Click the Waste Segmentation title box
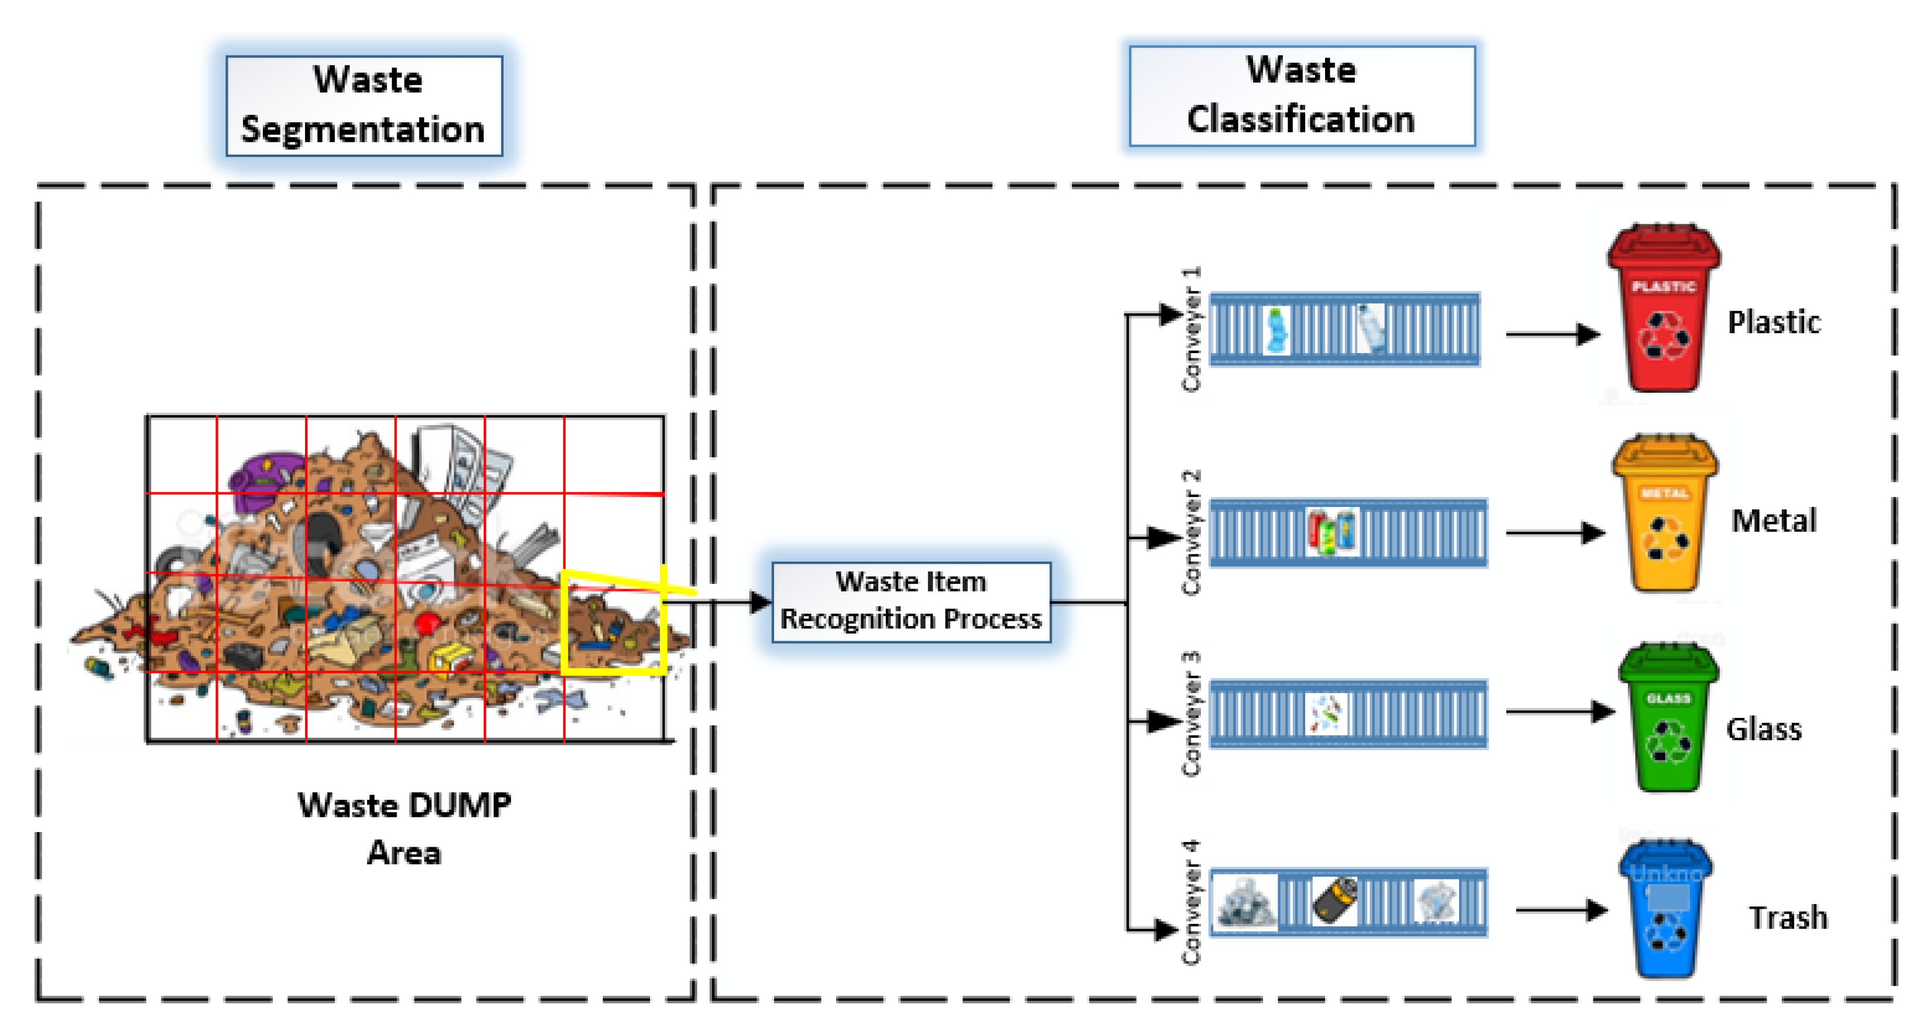(x=364, y=105)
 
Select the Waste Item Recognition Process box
(x=911, y=601)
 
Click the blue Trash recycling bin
(x=1665, y=911)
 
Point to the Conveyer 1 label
(x=1191, y=328)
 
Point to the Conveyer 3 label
(x=1191, y=714)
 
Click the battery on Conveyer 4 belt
(x=1335, y=901)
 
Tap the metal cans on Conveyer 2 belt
(x=1332, y=532)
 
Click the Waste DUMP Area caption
(x=404, y=828)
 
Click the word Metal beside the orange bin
(x=1773, y=521)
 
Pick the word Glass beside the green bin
(x=1763, y=728)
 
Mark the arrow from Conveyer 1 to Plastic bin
(x=1552, y=334)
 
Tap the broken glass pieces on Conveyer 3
(x=1326, y=713)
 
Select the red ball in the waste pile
(x=427, y=622)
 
